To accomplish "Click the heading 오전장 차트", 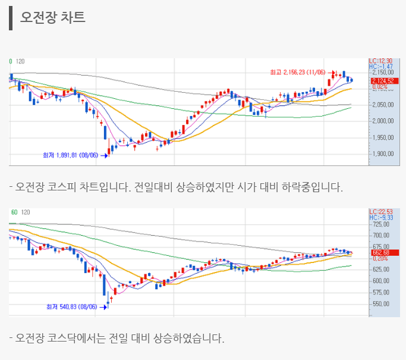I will pyautogui.click(x=53, y=17).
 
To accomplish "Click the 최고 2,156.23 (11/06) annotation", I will pyautogui.click(x=297, y=72).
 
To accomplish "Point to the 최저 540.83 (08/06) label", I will pyautogui.click(x=71, y=307).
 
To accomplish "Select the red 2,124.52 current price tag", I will pyautogui.click(x=382, y=80).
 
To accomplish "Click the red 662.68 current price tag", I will pyautogui.click(x=380, y=252).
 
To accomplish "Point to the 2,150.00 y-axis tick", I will pyautogui.click(x=383, y=73).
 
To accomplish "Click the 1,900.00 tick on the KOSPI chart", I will pyautogui.click(x=383, y=154).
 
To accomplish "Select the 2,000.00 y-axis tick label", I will pyautogui.click(x=383, y=121).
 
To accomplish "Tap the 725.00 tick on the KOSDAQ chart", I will pyautogui.click(x=382, y=224).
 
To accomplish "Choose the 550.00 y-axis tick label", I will pyautogui.click(x=382, y=303).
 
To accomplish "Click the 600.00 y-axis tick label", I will pyautogui.click(x=382, y=281).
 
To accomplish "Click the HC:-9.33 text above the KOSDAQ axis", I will pyautogui.click(x=380, y=218).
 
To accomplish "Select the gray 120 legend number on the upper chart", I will pyautogui.click(x=20, y=61).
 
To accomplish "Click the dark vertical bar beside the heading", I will pyautogui.click(x=11, y=17).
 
